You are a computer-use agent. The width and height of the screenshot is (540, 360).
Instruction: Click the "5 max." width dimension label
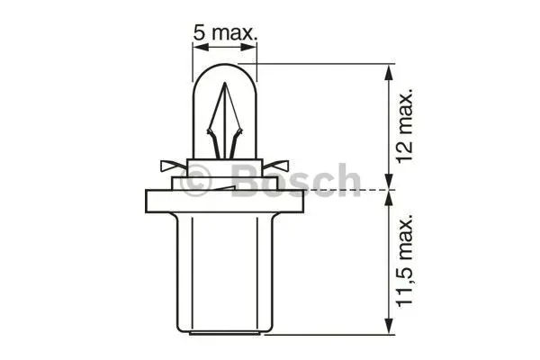pos(225,33)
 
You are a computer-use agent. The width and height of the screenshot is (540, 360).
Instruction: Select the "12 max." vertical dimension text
pos(404,126)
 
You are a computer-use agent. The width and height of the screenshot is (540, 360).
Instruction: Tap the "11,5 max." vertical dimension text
pos(404,260)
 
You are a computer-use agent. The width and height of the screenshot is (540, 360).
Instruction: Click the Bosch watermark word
pos(295,180)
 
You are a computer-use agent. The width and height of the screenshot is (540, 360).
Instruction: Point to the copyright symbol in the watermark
pos(195,180)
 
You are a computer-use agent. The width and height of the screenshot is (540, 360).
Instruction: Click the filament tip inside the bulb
pos(225,84)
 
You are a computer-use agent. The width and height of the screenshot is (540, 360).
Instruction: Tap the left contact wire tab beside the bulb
pos(174,166)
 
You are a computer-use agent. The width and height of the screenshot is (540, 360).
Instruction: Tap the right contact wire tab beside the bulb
pos(275,166)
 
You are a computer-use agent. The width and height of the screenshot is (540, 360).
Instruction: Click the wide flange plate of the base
pos(224,202)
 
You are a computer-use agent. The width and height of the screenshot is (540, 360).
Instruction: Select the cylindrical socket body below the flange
pos(225,272)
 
